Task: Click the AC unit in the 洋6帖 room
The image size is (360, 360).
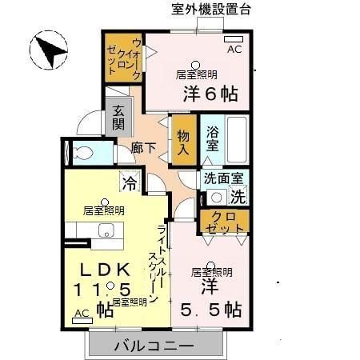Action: coord(233,40)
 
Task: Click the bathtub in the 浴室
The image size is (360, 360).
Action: coord(238,139)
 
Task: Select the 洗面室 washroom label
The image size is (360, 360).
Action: coord(223,179)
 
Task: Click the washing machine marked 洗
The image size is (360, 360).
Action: coord(238,194)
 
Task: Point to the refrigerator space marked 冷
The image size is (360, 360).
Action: coord(129,183)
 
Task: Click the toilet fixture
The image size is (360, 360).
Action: coord(81,153)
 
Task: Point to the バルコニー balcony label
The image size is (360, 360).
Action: coord(153,346)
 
